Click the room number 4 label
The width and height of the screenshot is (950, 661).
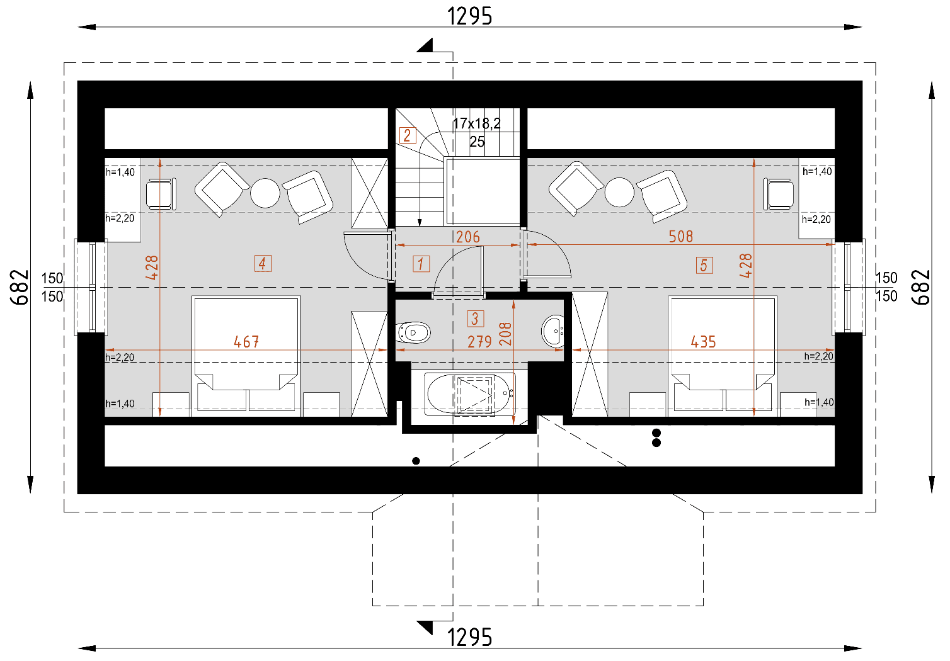[263, 263]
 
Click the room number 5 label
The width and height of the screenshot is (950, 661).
[704, 265]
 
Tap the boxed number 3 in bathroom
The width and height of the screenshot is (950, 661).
[475, 319]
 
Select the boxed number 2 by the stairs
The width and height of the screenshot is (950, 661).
[408, 135]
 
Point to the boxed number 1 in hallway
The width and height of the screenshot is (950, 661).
[421, 264]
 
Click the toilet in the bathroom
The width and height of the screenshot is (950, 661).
[413, 332]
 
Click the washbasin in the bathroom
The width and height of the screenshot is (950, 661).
[554, 330]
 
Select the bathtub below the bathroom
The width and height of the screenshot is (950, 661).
[470, 394]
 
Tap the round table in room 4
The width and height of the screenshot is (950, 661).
[265, 193]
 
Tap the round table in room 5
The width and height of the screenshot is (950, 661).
[619, 192]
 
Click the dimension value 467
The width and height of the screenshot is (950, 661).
[246, 342]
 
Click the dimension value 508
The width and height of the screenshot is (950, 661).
[680, 237]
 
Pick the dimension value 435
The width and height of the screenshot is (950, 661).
[703, 342]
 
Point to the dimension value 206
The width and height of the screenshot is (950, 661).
[468, 237]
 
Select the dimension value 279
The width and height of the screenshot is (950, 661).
[479, 342]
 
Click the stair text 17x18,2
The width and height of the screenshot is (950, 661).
[477, 123]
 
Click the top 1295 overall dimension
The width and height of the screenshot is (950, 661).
[469, 16]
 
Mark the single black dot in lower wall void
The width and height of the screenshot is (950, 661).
[416, 461]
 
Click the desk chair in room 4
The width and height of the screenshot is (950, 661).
[160, 193]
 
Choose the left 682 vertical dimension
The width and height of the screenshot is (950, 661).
[20, 287]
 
